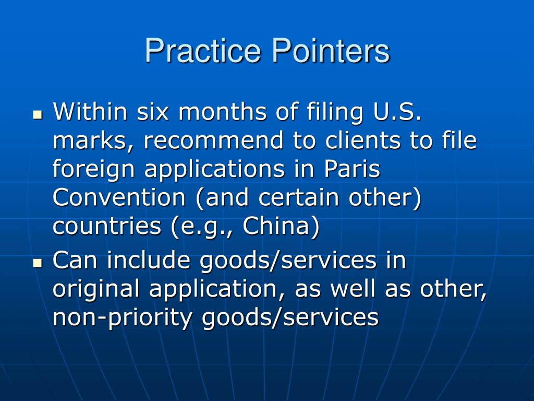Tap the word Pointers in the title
330,51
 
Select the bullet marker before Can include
37,263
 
